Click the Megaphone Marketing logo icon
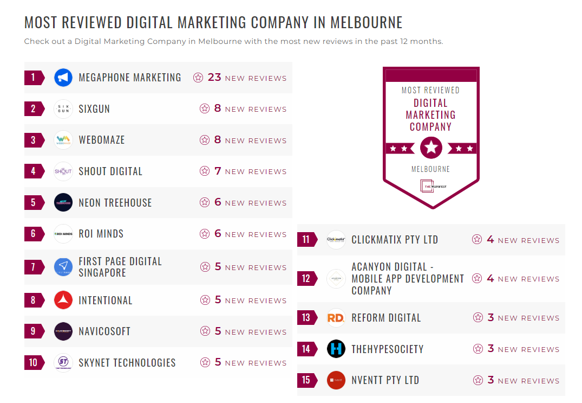(63, 78)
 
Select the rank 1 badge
(34, 78)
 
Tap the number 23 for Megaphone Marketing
(214, 77)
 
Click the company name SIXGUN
(94, 109)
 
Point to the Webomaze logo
(63, 140)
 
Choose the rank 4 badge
(34, 171)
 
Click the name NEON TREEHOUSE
(115, 203)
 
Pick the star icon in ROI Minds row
(205, 234)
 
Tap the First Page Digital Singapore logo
(63, 267)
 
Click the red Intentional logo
(63, 300)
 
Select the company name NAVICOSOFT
(104, 331)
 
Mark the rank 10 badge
(34, 362)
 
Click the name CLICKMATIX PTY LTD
(395, 240)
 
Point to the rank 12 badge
(306, 279)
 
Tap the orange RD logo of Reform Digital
(336, 318)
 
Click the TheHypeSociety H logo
(336, 349)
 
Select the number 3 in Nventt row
(491, 380)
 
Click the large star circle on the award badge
(431, 148)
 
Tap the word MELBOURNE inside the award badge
(430, 169)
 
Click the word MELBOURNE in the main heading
(367, 23)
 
